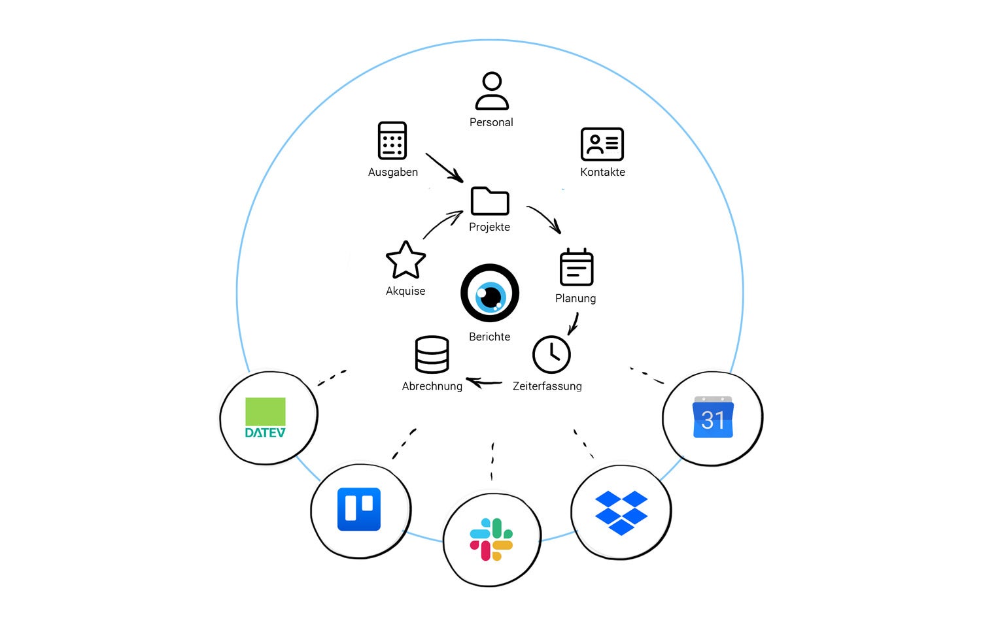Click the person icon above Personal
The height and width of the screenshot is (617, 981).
(x=492, y=91)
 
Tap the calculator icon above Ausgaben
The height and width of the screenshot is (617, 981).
(x=392, y=141)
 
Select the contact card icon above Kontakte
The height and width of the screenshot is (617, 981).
(x=602, y=144)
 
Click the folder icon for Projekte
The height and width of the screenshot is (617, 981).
(x=490, y=201)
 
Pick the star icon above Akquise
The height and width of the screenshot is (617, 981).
(x=405, y=260)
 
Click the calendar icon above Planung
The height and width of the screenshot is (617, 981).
(x=576, y=267)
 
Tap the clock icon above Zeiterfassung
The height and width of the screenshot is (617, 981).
(x=551, y=354)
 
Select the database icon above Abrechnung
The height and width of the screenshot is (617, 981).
(x=432, y=354)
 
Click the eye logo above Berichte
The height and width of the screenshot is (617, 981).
(x=490, y=293)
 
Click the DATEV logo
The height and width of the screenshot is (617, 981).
(x=266, y=418)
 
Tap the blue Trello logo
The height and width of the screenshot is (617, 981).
(x=359, y=509)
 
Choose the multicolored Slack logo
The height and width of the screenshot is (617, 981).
(x=491, y=539)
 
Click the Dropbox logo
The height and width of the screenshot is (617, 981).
(x=621, y=513)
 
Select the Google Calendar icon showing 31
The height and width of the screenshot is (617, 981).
(x=713, y=417)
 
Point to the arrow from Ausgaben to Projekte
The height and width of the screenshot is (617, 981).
(x=444, y=167)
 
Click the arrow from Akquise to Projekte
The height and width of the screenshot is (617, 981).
(x=442, y=224)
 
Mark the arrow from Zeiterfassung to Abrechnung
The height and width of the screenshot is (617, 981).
(x=484, y=383)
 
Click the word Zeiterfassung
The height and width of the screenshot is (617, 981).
(x=547, y=386)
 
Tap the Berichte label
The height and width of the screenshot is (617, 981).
(x=490, y=337)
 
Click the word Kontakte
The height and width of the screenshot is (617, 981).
(x=602, y=172)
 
